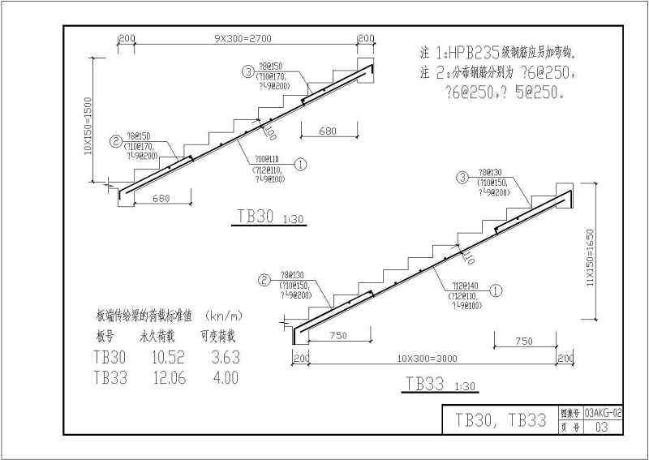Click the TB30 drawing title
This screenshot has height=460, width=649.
coord(255,217)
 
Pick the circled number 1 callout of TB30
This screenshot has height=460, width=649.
coord(300,163)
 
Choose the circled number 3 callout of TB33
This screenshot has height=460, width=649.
coord(462,178)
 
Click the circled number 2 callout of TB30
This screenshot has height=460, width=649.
coord(116,141)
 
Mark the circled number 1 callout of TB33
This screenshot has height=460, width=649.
coord(497,288)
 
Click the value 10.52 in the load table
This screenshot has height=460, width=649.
coord(159,357)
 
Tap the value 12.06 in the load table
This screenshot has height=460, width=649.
coord(159,376)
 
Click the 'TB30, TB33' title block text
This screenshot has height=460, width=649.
coord(500,419)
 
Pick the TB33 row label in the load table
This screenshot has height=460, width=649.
coord(110,376)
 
